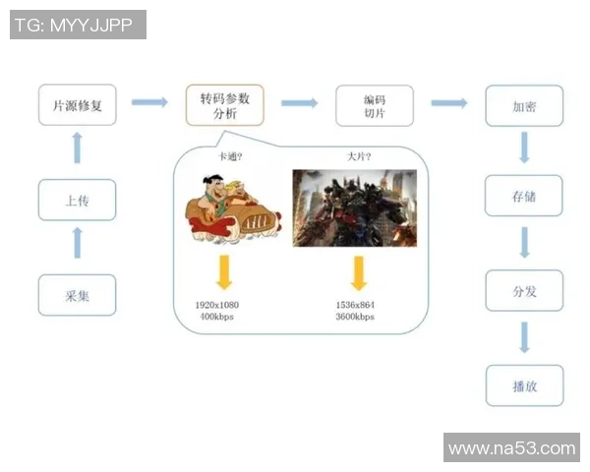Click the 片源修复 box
click(78, 105)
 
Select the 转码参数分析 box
click(225, 105)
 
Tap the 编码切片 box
click(375, 105)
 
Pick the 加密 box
click(524, 105)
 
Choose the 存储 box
click(524, 197)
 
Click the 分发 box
click(524, 291)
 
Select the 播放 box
click(524, 385)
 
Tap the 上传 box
click(78, 201)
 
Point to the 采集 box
click(78, 295)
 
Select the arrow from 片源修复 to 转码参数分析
click(150, 102)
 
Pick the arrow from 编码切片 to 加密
click(448, 102)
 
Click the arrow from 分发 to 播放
click(524, 337)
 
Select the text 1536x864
click(355, 305)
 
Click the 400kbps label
click(218, 317)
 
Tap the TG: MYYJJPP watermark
click(78, 25)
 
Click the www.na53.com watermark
click(511, 448)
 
